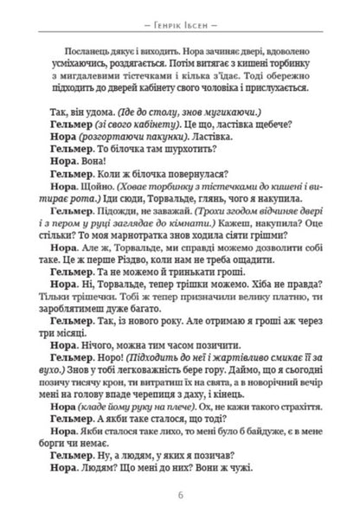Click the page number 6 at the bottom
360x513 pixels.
coord(180,494)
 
